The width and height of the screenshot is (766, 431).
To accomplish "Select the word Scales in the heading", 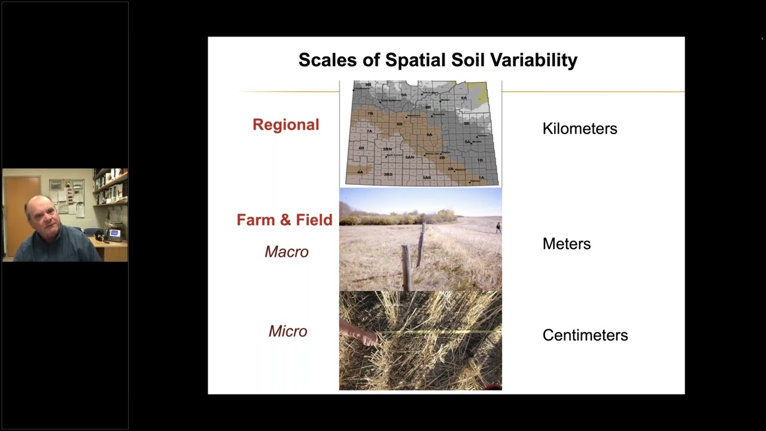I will point(327,60).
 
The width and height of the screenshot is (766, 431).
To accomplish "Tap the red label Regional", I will point(285,125).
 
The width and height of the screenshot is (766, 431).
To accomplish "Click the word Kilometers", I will point(579,129).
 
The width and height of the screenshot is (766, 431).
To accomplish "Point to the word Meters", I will point(566,244).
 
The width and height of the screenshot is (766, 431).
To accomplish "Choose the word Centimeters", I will point(585,335).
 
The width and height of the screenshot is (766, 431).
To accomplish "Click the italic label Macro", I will point(287,252).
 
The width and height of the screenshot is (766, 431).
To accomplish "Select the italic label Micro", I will point(288,331).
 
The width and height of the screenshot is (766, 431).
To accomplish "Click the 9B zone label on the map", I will point(368,85).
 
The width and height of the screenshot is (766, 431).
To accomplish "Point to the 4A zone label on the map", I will point(360,172).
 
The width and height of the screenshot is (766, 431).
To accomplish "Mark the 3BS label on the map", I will point(388,174).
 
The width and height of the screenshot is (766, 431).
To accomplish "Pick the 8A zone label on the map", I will point(463,98).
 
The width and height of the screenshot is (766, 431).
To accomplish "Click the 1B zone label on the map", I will point(479,160).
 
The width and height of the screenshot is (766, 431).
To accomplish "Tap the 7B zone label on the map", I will point(370,113).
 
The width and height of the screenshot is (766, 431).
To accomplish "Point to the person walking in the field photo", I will point(498,227).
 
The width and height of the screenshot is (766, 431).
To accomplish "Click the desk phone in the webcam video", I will point(113,234).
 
